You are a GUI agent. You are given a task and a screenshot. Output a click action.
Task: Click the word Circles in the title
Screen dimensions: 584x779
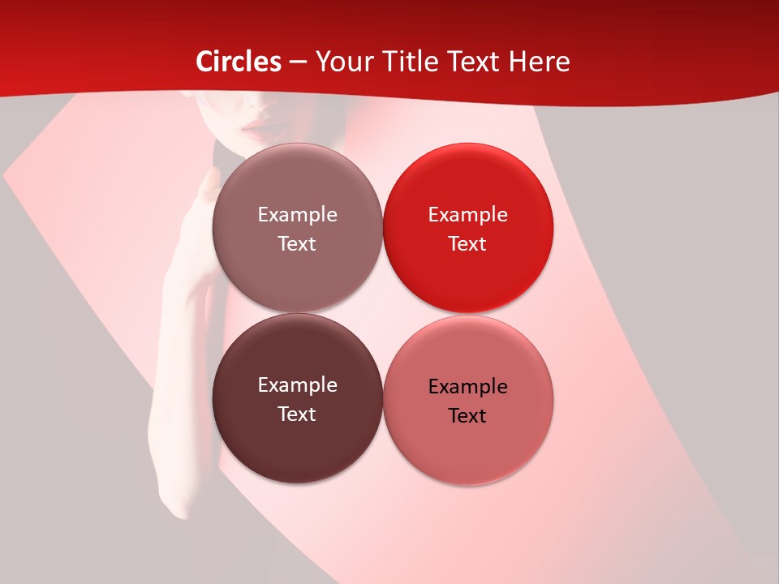coord(239,62)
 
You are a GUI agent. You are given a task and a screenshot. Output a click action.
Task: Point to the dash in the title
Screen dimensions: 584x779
coord(298,62)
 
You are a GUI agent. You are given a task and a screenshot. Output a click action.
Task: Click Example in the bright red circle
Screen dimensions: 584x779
coord(468,215)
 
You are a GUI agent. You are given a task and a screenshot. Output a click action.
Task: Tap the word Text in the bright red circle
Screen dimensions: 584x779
coord(468,243)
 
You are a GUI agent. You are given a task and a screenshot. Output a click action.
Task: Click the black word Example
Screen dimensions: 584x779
coord(468,386)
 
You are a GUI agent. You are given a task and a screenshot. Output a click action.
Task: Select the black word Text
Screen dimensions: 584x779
coord(468,415)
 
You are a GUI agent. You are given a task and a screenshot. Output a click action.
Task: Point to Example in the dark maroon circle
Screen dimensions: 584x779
coord(297,384)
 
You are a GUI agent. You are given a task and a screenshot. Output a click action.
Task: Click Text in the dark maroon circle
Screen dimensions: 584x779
coord(297,414)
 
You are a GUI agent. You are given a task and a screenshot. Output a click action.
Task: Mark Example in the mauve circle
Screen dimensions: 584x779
coord(297,215)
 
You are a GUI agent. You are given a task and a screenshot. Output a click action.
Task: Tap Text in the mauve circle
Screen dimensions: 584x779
coord(297,243)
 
